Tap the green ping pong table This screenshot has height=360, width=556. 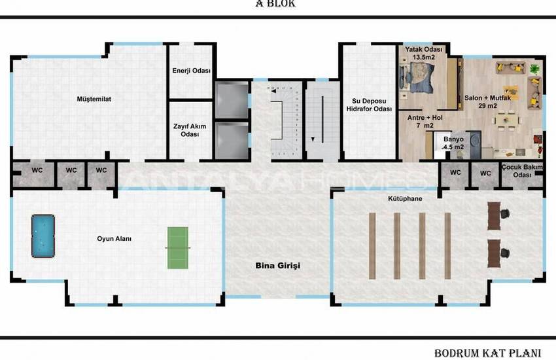point(177,247)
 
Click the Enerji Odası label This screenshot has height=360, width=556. point(191,71)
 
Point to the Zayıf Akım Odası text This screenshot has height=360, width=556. point(190,129)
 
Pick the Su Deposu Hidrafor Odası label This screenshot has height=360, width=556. point(369,104)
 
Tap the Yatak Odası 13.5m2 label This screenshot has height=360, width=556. point(424,53)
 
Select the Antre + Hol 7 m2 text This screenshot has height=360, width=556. point(421,121)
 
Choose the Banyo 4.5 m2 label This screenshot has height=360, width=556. point(453,143)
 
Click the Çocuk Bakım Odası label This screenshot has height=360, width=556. point(521,171)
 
